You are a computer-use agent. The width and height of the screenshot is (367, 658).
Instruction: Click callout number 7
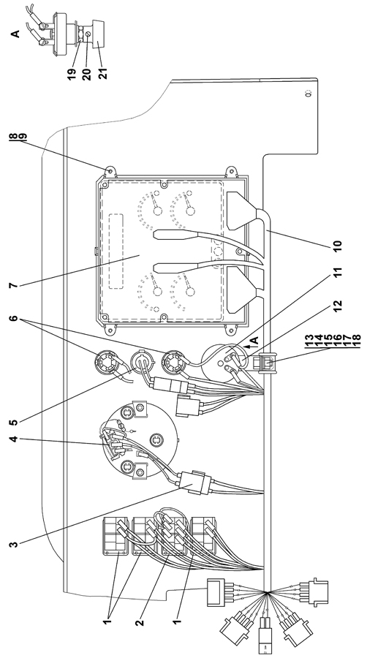(x=13, y=285)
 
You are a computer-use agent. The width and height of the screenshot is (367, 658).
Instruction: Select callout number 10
(x=338, y=246)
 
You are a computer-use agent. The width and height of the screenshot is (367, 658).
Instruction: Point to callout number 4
(x=13, y=439)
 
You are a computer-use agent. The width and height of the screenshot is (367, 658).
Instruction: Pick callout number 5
(x=13, y=419)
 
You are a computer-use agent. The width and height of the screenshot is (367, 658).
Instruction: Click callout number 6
(x=13, y=319)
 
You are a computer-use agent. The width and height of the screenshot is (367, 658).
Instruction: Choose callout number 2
(x=140, y=621)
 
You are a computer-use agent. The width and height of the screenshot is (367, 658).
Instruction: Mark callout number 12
(x=338, y=306)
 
